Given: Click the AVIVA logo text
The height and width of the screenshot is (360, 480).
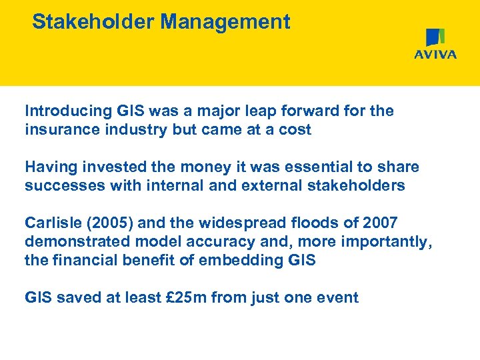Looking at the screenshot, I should click(x=435, y=55).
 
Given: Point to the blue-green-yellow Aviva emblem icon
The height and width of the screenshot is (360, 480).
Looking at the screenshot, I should click(x=435, y=37).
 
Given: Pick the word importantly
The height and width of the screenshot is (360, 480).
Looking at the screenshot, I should click(x=387, y=241).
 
